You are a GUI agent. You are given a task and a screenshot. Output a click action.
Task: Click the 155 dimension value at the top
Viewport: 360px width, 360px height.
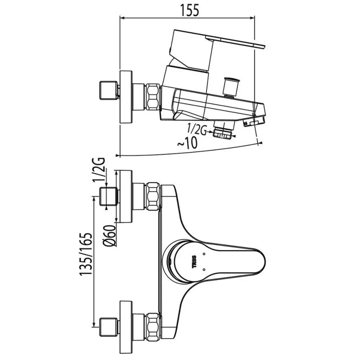(190, 10)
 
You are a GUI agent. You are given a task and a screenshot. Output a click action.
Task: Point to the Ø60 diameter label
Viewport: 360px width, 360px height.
(110, 236)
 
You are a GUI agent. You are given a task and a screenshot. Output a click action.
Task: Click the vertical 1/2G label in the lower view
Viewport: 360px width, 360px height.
(99, 170)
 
